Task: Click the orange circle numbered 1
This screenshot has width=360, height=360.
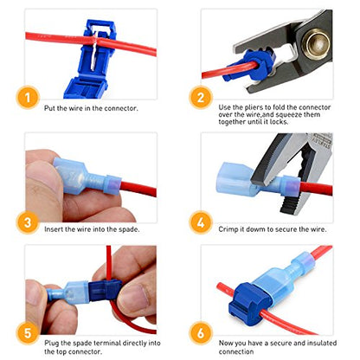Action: [28, 98]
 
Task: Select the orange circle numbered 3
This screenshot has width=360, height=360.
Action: [28, 222]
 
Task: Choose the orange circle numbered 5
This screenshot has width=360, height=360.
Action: [28, 332]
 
